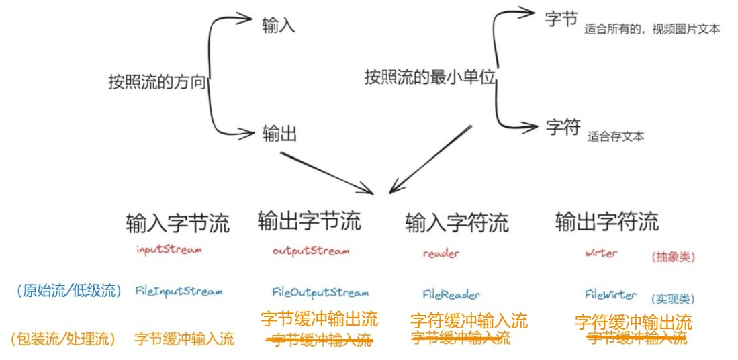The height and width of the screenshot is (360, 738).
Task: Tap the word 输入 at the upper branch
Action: pos(279,26)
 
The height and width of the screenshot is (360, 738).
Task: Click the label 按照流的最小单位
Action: pos(430,77)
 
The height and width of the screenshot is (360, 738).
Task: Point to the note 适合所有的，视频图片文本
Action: pos(652,29)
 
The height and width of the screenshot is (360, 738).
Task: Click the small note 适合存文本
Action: pos(616,136)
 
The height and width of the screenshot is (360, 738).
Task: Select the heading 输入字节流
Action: pos(177,222)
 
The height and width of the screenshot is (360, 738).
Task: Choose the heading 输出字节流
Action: pos(309,220)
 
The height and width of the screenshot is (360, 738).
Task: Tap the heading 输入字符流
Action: pos(457,222)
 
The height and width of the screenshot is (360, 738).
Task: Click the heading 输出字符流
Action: pos(607,221)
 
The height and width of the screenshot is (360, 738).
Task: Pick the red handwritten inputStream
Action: pos(169,249)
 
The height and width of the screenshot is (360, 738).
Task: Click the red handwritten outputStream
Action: pos(311,251)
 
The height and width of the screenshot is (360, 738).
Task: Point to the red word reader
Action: pos(441,254)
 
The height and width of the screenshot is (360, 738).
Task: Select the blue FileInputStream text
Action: pos(179,291)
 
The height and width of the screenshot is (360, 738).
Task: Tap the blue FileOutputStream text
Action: pos(320,292)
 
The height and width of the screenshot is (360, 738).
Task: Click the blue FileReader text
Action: pos(451,294)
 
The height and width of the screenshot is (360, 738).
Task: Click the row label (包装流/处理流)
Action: pos(64,339)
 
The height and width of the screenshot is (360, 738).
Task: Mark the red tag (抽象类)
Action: pos(674,257)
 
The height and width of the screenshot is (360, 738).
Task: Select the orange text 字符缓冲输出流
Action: pos(633,322)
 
